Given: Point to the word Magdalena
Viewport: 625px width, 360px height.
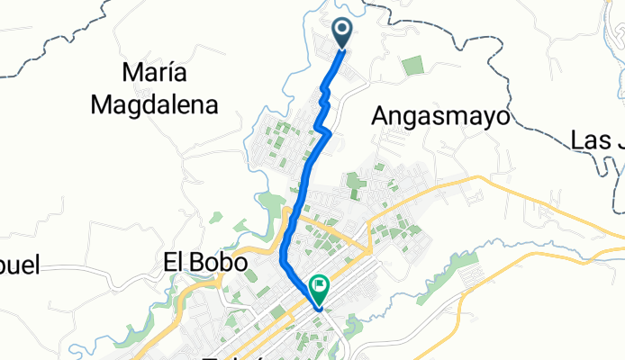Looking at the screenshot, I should point(155,105).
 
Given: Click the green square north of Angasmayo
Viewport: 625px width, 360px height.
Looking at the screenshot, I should point(412,66).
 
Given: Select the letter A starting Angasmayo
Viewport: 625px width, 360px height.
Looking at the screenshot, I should point(380,117).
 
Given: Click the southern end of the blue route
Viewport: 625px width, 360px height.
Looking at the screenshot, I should point(318,308).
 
